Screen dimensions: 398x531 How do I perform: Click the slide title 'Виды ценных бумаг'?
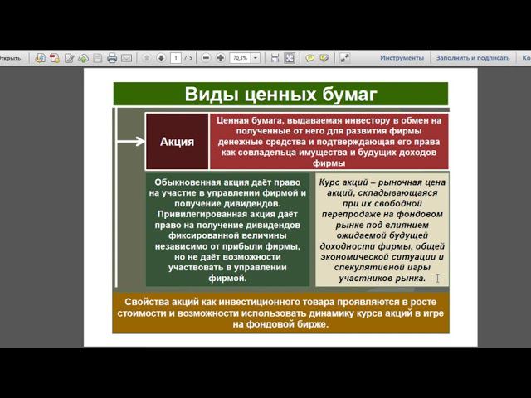click(280, 93)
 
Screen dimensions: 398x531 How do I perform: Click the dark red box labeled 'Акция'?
click(177, 141)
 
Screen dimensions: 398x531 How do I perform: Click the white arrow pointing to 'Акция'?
click(130, 141)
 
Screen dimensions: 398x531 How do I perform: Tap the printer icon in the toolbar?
click(112, 58)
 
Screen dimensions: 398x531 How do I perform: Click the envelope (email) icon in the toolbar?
click(127, 58)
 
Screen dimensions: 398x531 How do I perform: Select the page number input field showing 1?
click(176, 58)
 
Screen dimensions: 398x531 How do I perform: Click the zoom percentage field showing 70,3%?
click(240, 58)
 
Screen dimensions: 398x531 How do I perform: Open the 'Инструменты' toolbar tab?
click(402, 58)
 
